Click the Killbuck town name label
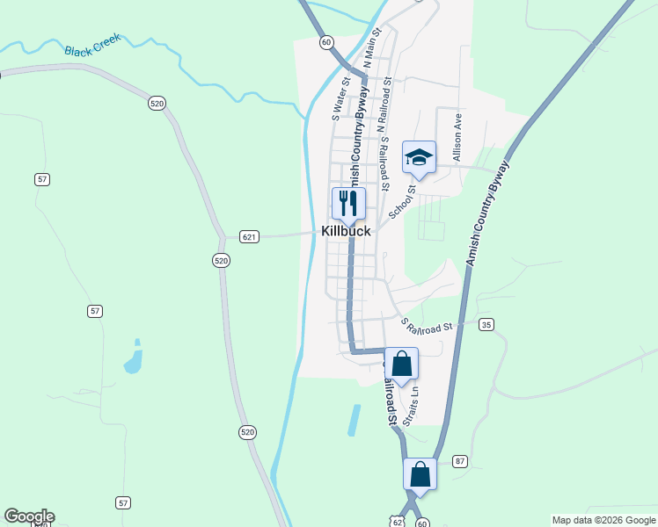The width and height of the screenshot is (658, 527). pos(346,232)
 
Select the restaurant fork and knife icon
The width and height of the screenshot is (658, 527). pos(347,204)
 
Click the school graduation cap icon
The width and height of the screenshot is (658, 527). pos(419,157)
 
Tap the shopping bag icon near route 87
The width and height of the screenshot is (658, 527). pos(420,473)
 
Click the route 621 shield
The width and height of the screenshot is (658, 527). pos(249,236)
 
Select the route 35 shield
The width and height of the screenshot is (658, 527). pos(486,325)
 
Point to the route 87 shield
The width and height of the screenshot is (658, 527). pos(460,461)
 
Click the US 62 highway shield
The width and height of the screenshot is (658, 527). pos(398,521)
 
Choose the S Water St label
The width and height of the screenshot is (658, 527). pos(340,98)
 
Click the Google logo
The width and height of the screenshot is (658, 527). pos(29,516)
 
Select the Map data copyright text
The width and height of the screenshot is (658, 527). pos(603,520)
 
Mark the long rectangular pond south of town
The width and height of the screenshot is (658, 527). pos(354,420)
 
